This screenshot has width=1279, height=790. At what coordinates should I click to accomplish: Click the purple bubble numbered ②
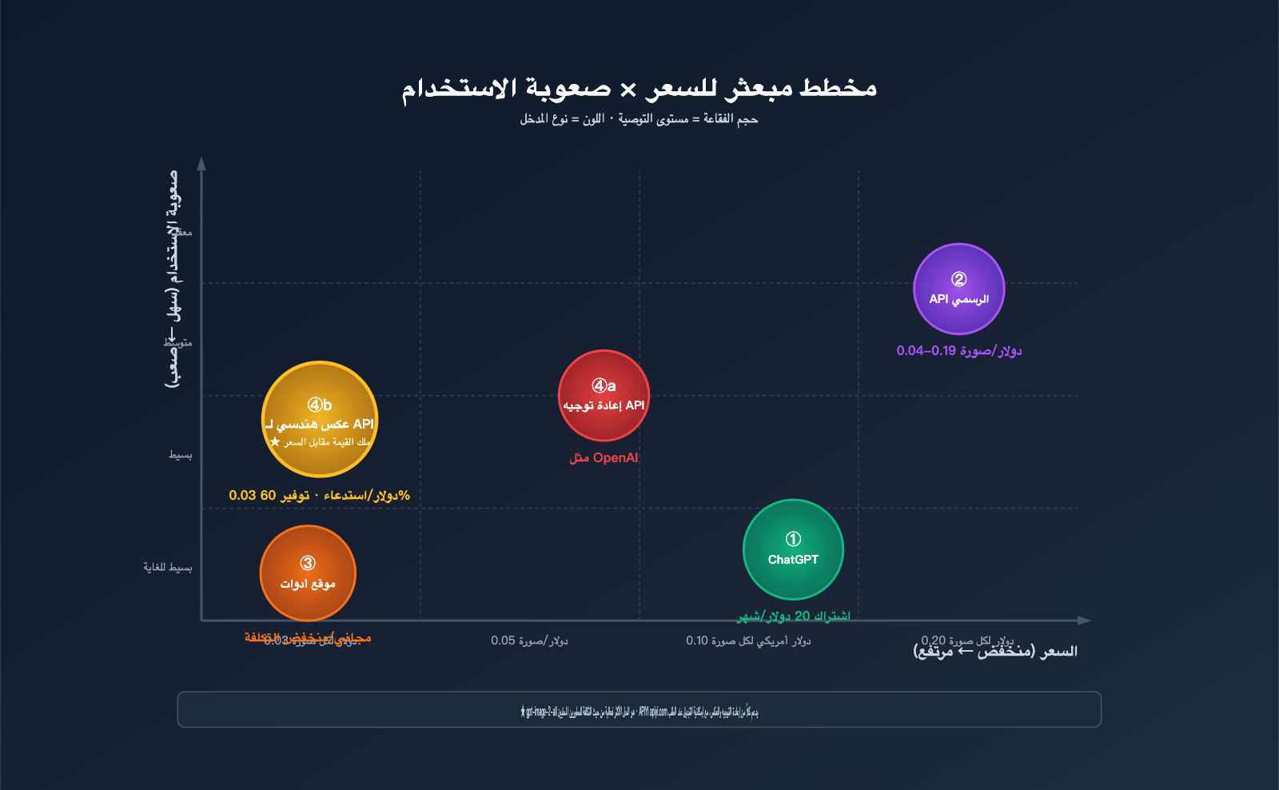pyautogui.click(x=958, y=289)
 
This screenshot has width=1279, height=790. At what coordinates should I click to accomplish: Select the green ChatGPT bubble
pyautogui.click(x=793, y=549)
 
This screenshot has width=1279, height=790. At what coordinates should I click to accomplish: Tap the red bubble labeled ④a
pyautogui.click(x=604, y=395)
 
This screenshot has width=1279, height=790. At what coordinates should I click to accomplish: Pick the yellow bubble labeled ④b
pyautogui.click(x=320, y=419)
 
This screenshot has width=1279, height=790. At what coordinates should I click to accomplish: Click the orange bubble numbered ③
pyautogui.click(x=308, y=573)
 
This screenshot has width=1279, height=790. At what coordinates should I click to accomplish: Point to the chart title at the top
pyautogui.click(x=639, y=88)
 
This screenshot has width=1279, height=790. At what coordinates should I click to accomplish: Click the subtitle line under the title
pyautogui.click(x=639, y=119)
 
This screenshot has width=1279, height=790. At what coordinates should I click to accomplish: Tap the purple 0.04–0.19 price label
pyautogui.click(x=958, y=350)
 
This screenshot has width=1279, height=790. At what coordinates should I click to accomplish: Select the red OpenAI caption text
pyautogui.click(x=604, y=458)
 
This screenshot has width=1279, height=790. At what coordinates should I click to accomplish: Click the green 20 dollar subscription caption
pyautogui.click(x=793, y=616)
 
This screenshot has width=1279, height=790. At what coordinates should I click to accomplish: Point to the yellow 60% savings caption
pyautogui.click(x=319, y=495)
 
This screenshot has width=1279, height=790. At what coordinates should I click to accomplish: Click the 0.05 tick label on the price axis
pyautogui.click(x=529, y=640)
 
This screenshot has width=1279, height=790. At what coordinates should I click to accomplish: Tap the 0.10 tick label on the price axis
pyautogui.click(x=748, y=640)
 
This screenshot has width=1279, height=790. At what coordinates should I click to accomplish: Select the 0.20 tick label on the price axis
pyautogui.click(x=967, y=640)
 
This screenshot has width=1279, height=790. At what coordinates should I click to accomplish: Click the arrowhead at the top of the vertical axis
pyautogui.click(x=201, y=164)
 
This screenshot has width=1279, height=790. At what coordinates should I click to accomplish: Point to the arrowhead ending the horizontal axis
pyautogui.click(x=1084, y=620)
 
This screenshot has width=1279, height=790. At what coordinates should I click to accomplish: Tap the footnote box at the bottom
pyautogui.click(x=639, y=709)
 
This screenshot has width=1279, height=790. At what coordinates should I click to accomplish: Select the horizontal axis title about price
pyautogui.click(x=995, y=652)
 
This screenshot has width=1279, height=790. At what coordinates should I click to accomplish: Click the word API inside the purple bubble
pyautogui.click(x=938, y=299)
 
